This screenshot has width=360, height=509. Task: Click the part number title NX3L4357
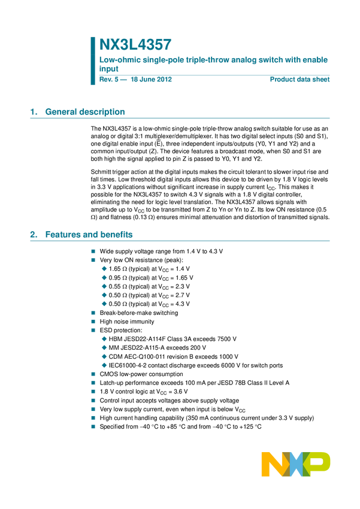[x=135, y=45]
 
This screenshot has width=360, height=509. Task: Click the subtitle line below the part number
[x=214, y=60]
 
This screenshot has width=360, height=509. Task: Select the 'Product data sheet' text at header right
[x=300, y=79]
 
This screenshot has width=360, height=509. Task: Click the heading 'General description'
[x=85, y=112]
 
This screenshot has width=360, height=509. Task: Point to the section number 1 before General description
[x=32, y=112]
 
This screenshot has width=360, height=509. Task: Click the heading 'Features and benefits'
[x=89, y=235]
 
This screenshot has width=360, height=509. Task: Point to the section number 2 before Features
[x=32, y=235]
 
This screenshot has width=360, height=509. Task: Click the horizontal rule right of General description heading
[x=228, y=118]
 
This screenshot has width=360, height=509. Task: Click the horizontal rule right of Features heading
[x=234, y=241]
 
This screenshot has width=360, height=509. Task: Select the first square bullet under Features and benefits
[x=93, y=252]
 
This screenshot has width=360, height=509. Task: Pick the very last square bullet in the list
[x=93, y=427]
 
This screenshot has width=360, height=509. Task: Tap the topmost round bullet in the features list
[x=104, y=268]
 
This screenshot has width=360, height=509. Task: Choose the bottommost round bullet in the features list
[x=104, y=365]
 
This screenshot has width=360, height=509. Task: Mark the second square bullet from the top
[x=93, y=260]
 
